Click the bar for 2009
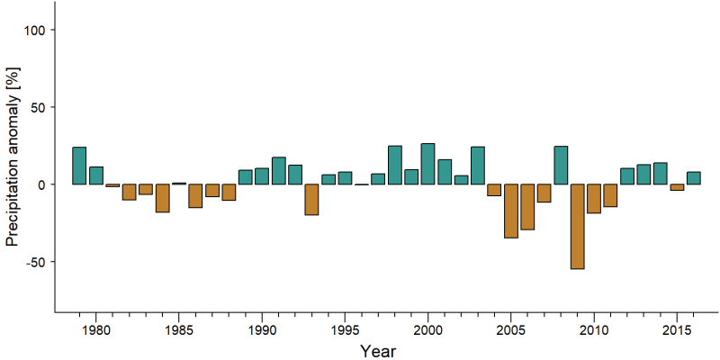point(577,227)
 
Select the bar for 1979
point(79,166)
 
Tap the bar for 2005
point(511,211)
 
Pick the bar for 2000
point(428,164)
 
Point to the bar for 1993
point(311,199)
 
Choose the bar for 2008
point(561,166)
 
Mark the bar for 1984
point(163,198)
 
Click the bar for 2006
point(527,207)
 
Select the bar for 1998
point(395,165)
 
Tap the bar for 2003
point(478,166)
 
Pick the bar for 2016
point(693,178)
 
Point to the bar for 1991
point(279,171)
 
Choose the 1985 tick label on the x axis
point(178,329)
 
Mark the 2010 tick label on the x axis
point(594,329)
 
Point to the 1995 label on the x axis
point(345,329)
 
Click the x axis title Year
point(377,351)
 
